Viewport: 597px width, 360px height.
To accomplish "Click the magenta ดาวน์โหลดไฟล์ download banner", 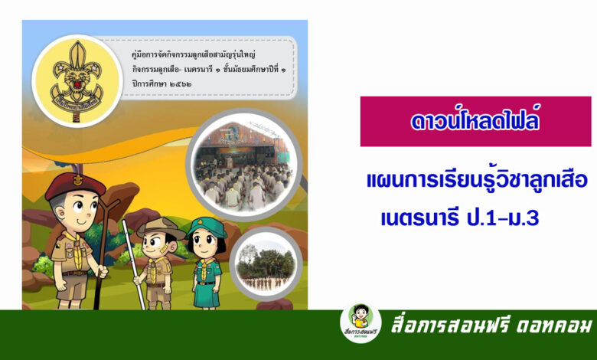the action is (x=475, y=121).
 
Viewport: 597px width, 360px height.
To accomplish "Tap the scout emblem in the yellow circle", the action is (x=77, y=80).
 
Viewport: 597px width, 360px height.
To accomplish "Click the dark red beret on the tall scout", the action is (x=75, y=185).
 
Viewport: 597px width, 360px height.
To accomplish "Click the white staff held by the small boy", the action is (x=133, y=264).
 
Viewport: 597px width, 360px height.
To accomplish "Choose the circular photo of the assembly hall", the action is (x=244, y=165).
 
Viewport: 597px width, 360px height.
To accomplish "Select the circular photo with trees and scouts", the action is (x=266, y=264).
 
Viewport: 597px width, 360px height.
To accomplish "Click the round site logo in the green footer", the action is (x=360, y=323).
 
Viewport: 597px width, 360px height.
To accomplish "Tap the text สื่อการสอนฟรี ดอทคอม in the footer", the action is (x=491, y=326).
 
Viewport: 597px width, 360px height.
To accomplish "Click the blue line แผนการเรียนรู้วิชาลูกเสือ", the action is (x=477, y=181).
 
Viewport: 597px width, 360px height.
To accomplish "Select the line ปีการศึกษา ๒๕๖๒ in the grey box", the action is (x=161, y=83).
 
